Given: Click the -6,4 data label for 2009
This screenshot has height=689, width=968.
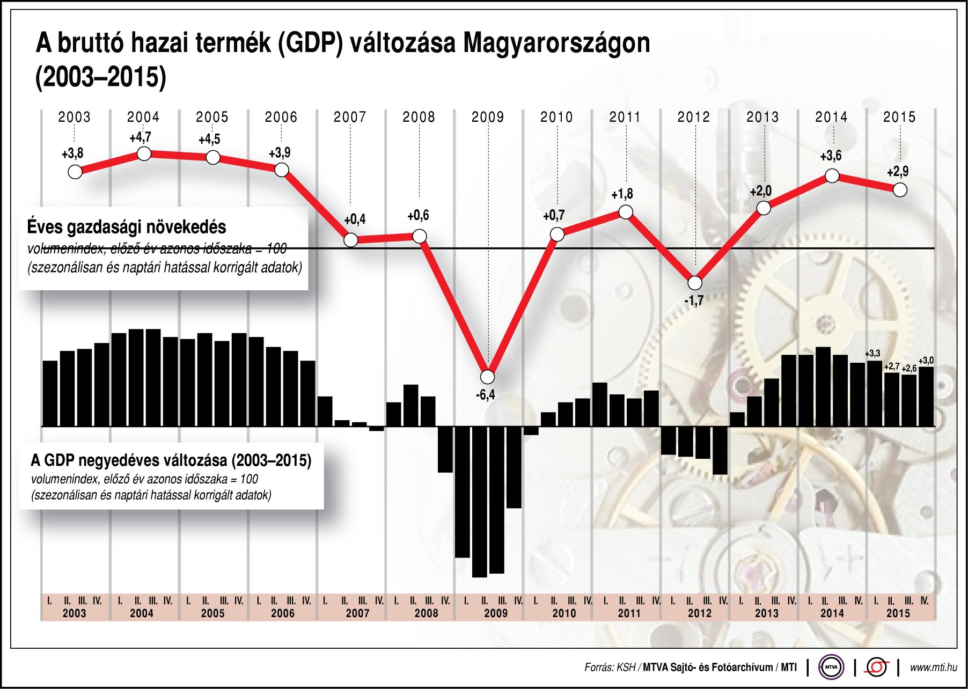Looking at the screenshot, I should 485,395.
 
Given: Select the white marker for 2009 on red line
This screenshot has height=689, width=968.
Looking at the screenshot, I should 488,377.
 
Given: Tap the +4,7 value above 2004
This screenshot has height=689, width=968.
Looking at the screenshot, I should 141,137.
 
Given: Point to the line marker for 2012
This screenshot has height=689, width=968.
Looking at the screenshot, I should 695,283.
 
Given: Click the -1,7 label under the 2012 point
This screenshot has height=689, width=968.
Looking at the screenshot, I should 694,301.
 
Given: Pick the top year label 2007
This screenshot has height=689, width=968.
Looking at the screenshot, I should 350,117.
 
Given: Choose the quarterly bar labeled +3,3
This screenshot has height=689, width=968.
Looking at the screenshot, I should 875,393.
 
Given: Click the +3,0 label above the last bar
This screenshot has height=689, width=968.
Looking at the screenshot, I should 926,361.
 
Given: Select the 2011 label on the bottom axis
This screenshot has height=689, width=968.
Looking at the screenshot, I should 629,613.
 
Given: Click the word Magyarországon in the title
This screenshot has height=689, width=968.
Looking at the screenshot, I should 556,43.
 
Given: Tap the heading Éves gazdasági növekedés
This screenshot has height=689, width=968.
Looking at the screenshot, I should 127,227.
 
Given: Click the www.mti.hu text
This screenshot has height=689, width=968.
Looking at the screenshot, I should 934,668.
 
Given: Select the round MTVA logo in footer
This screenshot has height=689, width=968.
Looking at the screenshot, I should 831,668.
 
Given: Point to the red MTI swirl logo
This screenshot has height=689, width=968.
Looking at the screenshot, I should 877,668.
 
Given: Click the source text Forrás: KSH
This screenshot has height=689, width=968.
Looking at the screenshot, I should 609,668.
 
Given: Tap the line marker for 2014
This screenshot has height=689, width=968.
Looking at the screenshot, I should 832,175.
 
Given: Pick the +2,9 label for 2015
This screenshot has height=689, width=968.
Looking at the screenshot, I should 898,172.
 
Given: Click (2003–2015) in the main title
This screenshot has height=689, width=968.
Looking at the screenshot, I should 101,77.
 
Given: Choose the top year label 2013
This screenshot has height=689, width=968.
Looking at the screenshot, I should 762,117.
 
